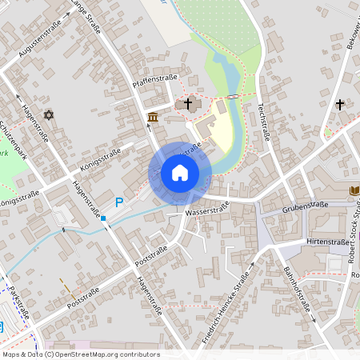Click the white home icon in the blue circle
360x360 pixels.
[180, 173]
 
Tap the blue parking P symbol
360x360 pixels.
[120, 203]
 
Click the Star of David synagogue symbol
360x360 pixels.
[48, 116]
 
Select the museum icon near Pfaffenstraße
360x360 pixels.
[153, 118]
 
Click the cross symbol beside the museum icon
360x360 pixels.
[189, 103]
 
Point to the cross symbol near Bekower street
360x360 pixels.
[340, 104]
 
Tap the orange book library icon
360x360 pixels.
[354, 190]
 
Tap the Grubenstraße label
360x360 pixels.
[306, 207]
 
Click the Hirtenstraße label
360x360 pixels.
[329, 239]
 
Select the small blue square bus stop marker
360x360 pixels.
[103, 218]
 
